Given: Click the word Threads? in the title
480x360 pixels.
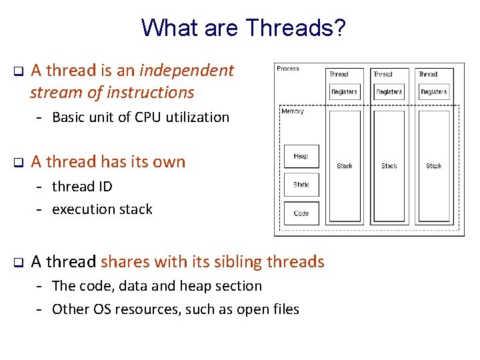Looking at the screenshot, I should [x=296, y=28].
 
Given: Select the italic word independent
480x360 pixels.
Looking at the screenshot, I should [x=187, y=70].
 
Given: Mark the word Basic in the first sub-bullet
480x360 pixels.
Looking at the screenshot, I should [x=67, y=117].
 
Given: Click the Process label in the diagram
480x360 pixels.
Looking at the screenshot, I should [x=288, y=69].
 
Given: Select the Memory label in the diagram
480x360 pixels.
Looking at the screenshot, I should [x=292, y=111].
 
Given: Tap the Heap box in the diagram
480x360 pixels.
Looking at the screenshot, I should [x=301, y=156].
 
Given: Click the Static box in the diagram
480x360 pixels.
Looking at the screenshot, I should [x=301, y=185].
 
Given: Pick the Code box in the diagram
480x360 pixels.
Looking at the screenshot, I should [x=301, y=213].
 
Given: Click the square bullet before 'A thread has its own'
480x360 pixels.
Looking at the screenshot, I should [x=19, y=162].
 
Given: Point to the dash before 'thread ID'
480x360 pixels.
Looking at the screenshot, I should [x=40, y=187].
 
